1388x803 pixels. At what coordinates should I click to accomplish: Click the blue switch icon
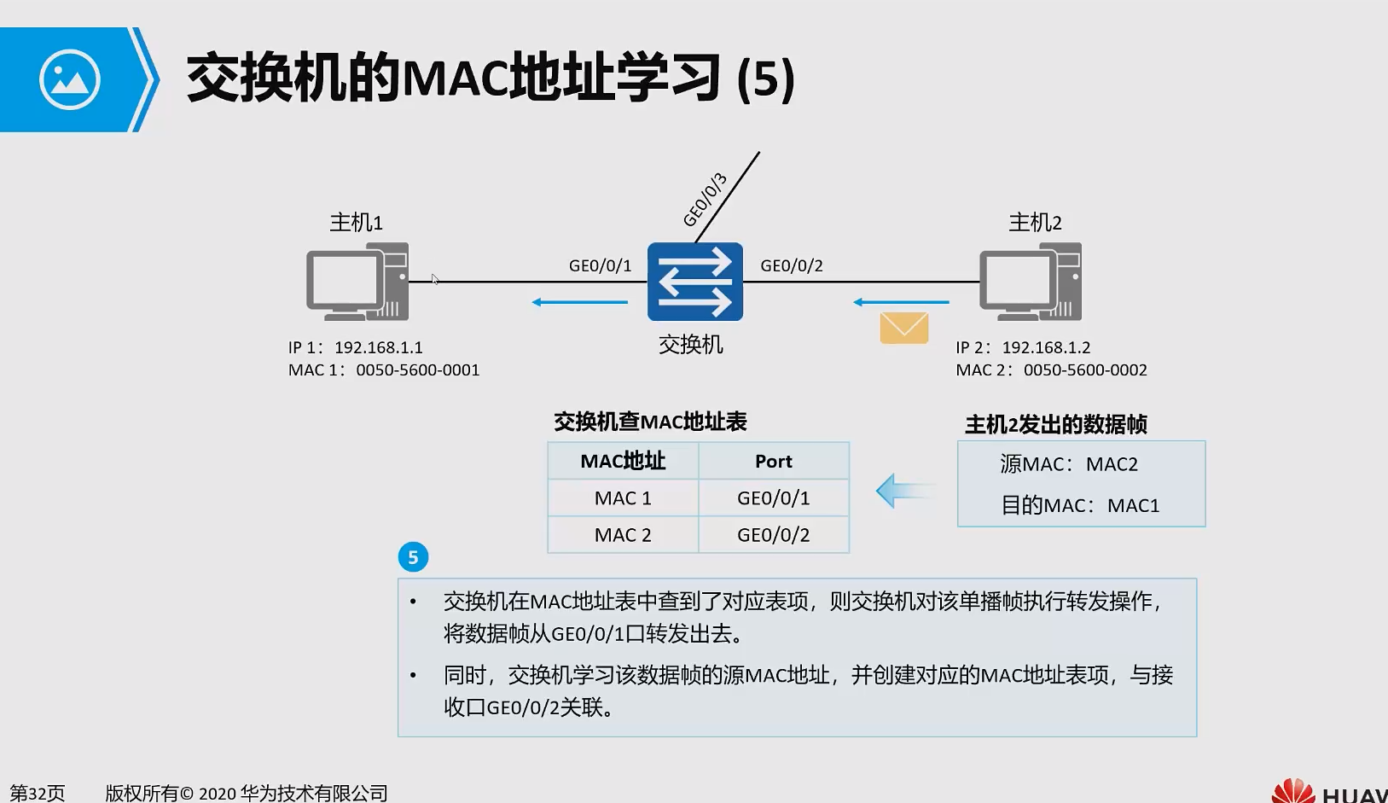click(x=694, y=282)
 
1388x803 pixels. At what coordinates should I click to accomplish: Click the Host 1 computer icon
click(x=357, y=282)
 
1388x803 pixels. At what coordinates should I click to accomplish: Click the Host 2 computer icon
click(x=1031, y=282)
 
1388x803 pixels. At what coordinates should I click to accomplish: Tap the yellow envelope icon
click(x=903, y=328)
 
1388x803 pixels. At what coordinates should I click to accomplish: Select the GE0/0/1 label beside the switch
click(x=600, y=265)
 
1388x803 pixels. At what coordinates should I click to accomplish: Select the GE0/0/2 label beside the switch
click(x=792, y=265)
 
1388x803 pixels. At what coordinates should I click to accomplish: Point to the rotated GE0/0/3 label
click(x=706, y=200)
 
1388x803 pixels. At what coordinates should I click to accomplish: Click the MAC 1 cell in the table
click(x=623, y=498)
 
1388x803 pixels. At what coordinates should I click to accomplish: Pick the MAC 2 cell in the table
click(x=623, y=535)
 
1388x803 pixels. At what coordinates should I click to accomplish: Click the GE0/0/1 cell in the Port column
click(x=773, y=498)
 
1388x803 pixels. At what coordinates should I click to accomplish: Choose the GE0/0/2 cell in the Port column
click(x=773, y=535)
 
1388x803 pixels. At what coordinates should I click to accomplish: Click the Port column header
click(x=773, y=462)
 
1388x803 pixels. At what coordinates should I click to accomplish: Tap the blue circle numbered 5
click(x=413, y=557)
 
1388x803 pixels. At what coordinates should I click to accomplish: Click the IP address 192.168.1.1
click(x=378, y=347)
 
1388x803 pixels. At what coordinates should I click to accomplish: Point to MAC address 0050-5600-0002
click(x=1085, y=370)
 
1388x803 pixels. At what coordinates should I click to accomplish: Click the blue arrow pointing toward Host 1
click(x=579, y=302)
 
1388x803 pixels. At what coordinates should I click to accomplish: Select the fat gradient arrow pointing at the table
click(x=903, y=491)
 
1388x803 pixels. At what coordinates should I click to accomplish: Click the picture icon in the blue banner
click(x=70, y=80)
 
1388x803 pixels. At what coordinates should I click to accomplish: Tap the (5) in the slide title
click(x=765, y=79)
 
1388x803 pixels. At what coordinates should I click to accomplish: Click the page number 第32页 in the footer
click(x=37, y=793)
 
